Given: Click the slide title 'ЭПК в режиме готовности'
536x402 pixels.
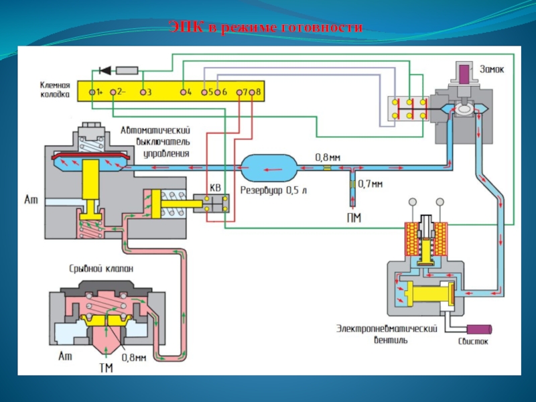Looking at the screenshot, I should (x=266, y=27).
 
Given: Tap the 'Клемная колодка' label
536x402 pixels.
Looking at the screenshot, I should (x=54, y=90).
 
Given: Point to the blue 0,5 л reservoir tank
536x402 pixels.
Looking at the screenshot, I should (x=268, y=165).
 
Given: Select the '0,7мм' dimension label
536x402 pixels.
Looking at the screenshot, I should (x=371, y=182).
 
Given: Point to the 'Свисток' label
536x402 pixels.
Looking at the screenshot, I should (x=474, y=341).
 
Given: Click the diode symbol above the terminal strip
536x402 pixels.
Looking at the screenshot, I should (x=104, y=69).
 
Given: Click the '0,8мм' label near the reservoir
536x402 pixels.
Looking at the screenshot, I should (x=328, y=157).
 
